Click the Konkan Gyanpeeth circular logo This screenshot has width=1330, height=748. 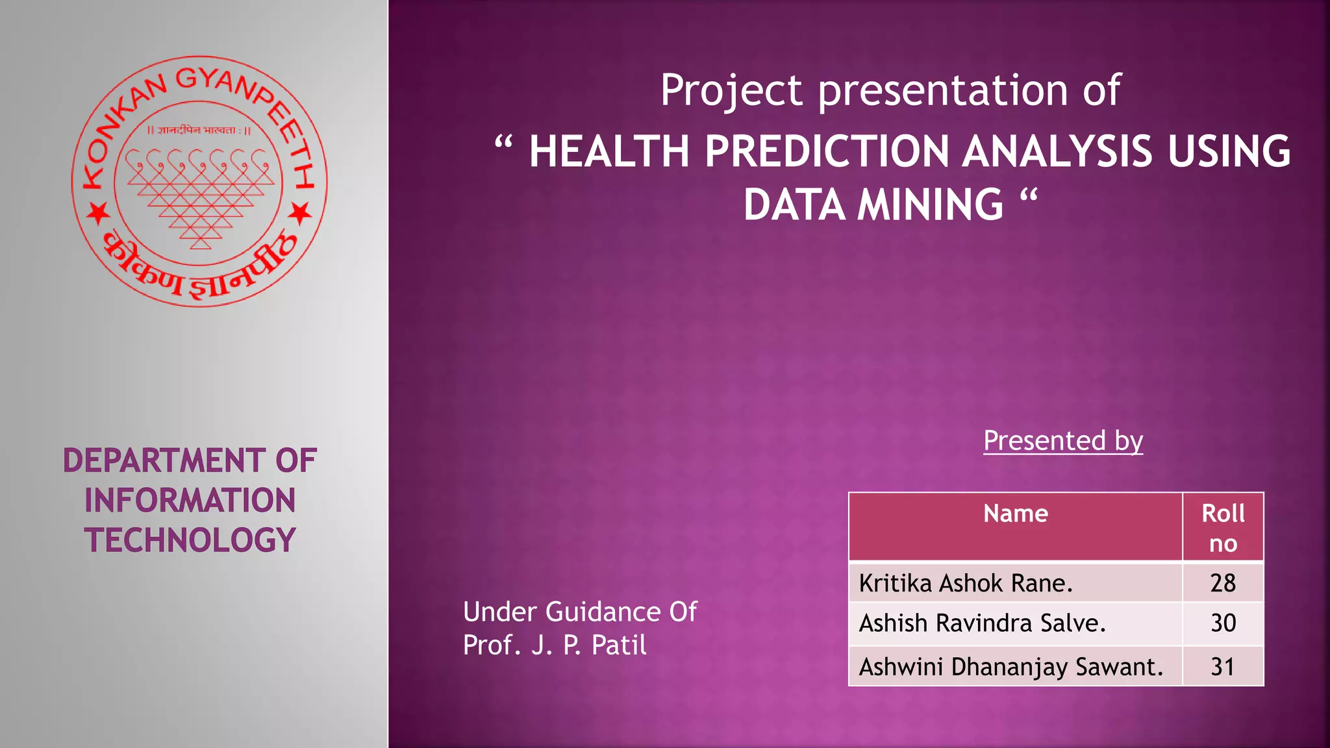click(x=199, y=181)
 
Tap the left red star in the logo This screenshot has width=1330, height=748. click(x=99, y=212)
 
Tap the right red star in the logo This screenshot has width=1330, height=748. click(x=300, y=212)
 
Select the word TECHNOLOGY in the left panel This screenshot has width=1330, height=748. click(x=190, y=540)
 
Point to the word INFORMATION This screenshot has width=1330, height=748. click(x=190, y=501)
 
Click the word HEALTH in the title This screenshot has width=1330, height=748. click(x=609, y=151)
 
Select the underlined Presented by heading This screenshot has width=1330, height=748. click(x=1062, y=441)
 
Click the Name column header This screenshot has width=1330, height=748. click(x=1015, y=514)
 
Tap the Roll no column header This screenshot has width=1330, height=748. click(x=1223, y=528)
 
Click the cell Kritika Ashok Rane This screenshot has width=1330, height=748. click(x=965, y=583)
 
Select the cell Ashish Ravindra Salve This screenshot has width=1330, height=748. click(x=982, y=623)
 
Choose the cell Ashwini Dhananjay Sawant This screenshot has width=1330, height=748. click(x=1010, y=667)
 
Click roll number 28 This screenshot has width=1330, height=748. click(x=1223, y=583)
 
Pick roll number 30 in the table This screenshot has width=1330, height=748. click(x=1223, y=623)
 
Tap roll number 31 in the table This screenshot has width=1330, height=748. click(x=1223, y=667)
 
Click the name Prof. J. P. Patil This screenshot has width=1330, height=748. click(x=555, y=645)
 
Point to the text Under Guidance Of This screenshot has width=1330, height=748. click(x=580, y=612)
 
